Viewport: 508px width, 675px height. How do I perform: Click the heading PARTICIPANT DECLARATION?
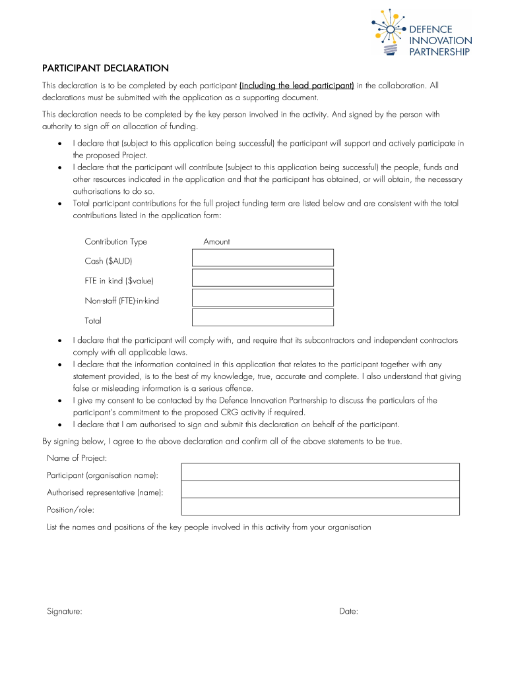coord(106,68)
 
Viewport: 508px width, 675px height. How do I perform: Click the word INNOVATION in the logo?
coord(441,41)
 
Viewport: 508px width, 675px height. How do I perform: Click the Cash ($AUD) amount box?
coord(263,257)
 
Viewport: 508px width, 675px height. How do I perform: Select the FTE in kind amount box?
coord(263,278)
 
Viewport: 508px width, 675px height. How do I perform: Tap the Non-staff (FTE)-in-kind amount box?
coord(263,297)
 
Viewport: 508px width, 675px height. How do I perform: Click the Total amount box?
coord(263,317)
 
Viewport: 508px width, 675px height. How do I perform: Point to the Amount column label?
coord(216,242)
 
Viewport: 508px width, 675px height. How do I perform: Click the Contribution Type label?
coord(115,242)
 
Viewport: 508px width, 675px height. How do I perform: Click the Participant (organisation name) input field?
coord(320,472)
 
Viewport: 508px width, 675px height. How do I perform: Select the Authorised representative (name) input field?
coord(320,489)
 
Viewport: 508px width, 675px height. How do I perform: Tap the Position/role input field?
coord(320,506)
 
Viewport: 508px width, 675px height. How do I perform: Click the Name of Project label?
coord(77,457)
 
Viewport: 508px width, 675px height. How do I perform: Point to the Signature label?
coord(64,611)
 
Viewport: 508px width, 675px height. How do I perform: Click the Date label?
coord(348,611)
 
